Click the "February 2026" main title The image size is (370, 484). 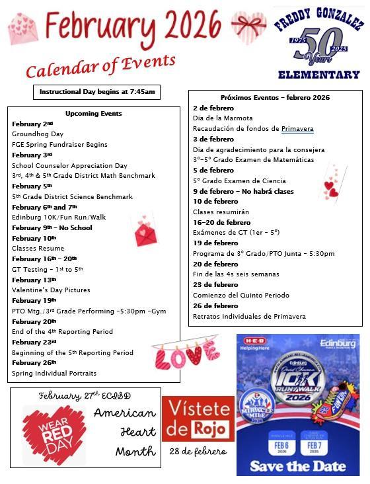(x=133, y=26)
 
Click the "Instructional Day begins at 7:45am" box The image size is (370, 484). (x=96, y=92)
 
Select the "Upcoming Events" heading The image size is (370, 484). (x=93, y=113)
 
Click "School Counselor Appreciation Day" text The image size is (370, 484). (x=69, y=165)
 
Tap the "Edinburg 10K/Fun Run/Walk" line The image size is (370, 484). (x=59, y=217)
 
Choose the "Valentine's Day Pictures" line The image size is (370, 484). (x=51, y=290)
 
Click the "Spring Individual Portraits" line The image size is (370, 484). (x=54, y=373)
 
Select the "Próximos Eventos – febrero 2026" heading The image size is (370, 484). (x=275, y=97)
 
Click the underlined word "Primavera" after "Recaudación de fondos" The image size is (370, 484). (x=297, y=128)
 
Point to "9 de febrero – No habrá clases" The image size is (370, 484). (x=243, y=191)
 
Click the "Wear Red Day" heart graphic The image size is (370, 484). (x=54, y=434)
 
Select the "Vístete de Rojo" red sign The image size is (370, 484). (x=198, y=421)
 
